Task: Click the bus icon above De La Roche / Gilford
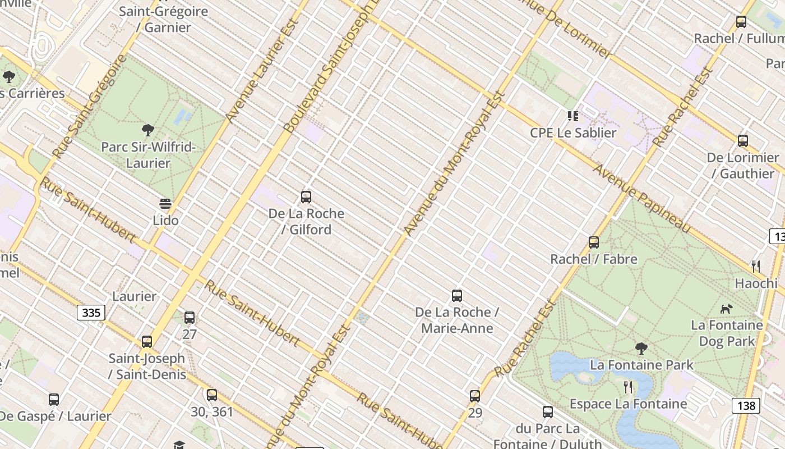click(x=306, y=197)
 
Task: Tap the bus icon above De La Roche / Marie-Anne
click(x=457, y=296)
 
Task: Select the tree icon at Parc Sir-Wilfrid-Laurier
click(x=148, y=131)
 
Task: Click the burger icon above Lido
click(x=165, y=203)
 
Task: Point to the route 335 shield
click(x=91, y=313)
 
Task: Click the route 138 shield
click(x=746, y=405)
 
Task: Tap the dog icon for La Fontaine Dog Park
click(x=727, y=309)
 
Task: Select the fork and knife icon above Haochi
click(x=756, y=267)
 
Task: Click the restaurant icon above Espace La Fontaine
click(x=628, y=387)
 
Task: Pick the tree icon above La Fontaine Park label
click(x=641, y=349)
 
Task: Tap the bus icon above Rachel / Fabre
click(x=594, y=242)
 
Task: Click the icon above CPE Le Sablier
click(x=572, y=116)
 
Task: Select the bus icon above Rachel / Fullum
click(x=741, y=22)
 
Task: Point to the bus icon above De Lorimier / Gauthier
click(x=743, y=141)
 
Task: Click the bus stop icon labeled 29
click(x=475, y=396)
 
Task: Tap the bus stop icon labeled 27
click(x=190, y=318)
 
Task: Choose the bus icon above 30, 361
click(x=211, y=395)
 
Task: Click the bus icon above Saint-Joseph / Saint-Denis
click(x=147, y=341)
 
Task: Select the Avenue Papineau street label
click(x=642, y=198)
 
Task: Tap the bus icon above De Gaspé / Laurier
click(x=54, y=400)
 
